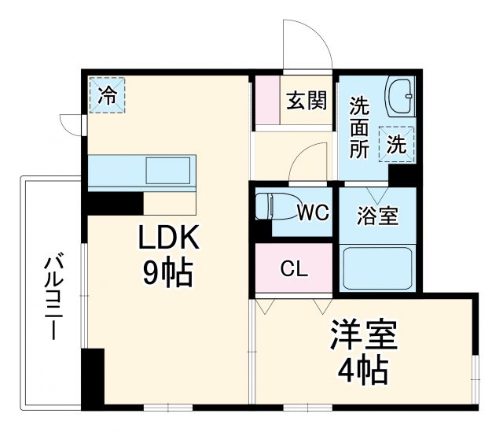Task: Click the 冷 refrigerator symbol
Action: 107,96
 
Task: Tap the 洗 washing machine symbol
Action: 398,144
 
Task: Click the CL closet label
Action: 295,268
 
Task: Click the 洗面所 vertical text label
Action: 359,126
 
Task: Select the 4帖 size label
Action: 363,369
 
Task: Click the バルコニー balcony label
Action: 52,296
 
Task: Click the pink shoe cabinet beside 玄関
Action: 267,100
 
